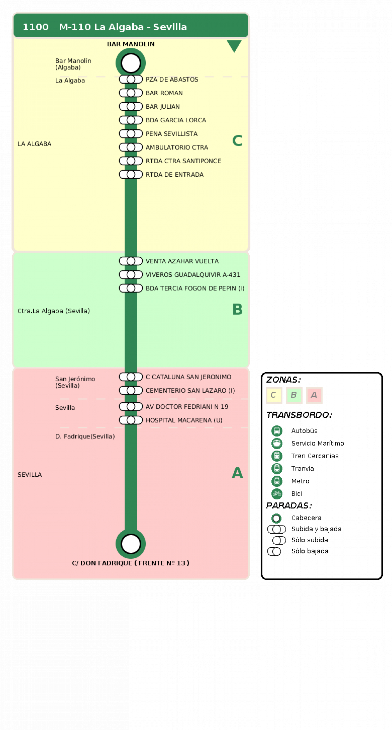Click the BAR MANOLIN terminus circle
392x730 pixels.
click(131, 63)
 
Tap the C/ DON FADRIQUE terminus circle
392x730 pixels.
click(131, 543)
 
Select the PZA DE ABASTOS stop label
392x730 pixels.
click(172, 79)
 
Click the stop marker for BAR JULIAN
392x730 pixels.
click(131, 107)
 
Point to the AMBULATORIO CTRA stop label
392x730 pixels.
click(177, 147)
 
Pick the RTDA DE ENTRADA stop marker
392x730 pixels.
click(131, 175)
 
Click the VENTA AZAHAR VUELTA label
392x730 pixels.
click(182, 261)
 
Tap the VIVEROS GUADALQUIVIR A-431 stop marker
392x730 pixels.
click(131, 275)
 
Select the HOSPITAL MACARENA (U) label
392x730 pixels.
click(184, 420)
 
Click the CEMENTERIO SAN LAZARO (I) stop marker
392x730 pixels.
click(131, 391)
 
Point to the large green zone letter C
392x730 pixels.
click(237, 141)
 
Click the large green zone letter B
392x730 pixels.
click(237, 309)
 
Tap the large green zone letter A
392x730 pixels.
click(237, 473)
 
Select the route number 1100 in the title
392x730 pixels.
click(36, 27)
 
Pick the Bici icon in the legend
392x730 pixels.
click(277, 494)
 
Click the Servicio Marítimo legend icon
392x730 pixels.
click(277, 443)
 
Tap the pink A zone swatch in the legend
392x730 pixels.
click(314, 395)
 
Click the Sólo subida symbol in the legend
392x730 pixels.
click(279, 540)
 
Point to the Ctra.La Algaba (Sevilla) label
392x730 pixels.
click(54, 311)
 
